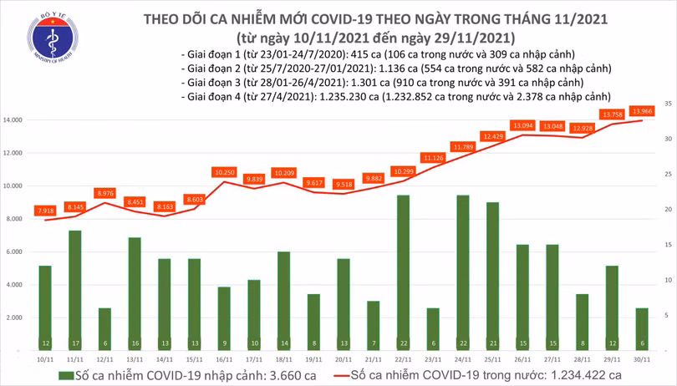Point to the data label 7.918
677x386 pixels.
[45, 210]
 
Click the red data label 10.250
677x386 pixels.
[224, 171]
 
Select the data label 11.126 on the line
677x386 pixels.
[433, 157]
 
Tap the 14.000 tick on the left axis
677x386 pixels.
[12, 120]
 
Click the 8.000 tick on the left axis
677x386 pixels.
[13, 219]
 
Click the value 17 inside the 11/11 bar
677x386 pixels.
[75, 343]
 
